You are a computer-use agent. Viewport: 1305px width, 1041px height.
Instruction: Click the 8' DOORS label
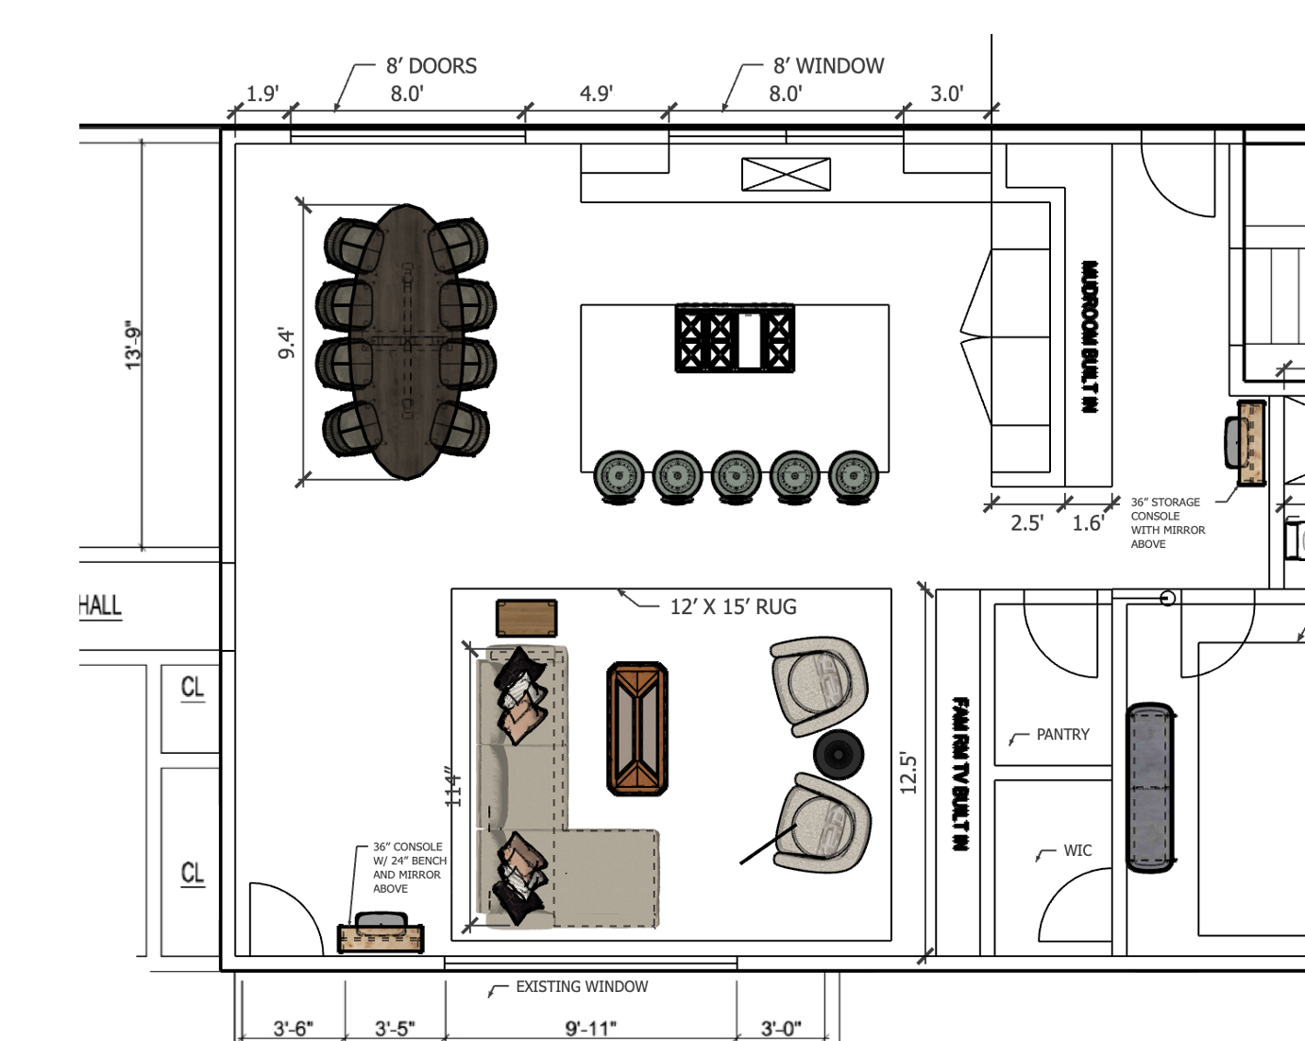(432, 65)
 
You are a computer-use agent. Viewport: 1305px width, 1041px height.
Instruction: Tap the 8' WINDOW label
(828, 65)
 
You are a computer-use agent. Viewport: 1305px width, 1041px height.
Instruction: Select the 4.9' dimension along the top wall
(596, 94)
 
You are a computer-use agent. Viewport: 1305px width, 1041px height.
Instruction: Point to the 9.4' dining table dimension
(285, 343)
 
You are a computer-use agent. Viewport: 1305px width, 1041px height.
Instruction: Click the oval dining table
(407, 342)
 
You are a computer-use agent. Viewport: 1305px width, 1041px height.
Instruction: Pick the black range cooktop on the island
(735, 338)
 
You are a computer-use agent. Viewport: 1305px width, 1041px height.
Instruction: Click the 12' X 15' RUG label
(733, 606)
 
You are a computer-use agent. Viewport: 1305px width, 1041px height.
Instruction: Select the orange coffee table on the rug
(637, 728)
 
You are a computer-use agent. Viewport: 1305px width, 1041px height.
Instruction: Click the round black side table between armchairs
(839, 755)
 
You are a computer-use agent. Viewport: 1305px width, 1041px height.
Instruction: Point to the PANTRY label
(1062, 734)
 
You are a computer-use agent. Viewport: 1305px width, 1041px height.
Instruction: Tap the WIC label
(1077, 850)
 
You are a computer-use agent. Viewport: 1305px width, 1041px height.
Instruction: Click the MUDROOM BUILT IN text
(1089, 336)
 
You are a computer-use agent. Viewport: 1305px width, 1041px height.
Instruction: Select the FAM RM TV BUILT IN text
(960, 774)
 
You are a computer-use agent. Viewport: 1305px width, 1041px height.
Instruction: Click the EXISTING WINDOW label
(582, 986)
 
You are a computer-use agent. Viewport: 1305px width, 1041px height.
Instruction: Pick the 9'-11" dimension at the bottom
(590, 1029)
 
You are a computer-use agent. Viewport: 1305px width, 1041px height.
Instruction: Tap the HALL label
(100, 605)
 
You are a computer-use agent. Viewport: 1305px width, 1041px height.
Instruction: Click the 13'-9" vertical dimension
(133, 345)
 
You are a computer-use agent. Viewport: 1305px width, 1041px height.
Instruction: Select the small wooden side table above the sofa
(526, 618)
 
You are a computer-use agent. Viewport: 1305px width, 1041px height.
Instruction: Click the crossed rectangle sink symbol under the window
(786, 174)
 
